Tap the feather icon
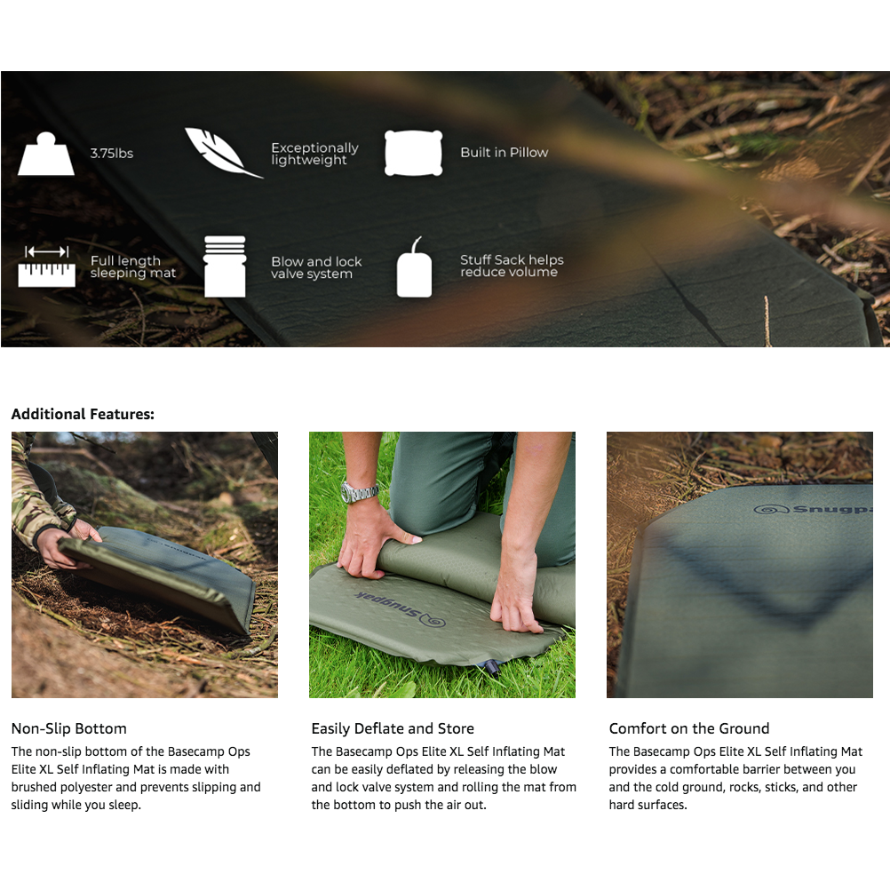(x=222, y=153)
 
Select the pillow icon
(x=413, y=153)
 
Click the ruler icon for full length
(x=47, y=266)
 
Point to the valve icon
(x=225, y=266)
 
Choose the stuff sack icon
(x=414, y=268)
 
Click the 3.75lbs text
(x=111, y=154)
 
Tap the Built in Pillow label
(x=504, y=153)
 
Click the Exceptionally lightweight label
(x=314, y=154)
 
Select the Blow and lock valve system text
(x=316, y=267)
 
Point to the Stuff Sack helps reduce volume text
(x=512, y=266)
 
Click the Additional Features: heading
(x=83, y=414)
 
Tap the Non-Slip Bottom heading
(x=68, y=728)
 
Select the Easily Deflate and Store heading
(x=393, y=728)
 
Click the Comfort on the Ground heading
(x=689, y=728)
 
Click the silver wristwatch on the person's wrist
(x=358, y=491)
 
